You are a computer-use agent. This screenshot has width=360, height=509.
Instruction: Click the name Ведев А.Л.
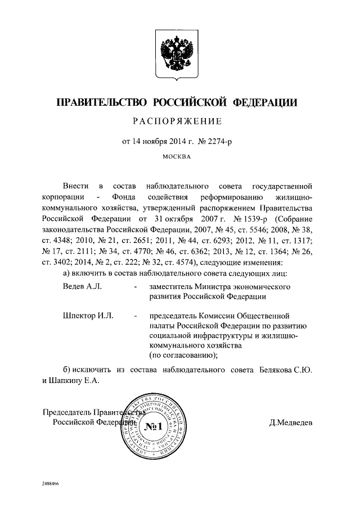(x=82, y=286)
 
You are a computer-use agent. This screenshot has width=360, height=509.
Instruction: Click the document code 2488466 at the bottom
(x=50, y=483)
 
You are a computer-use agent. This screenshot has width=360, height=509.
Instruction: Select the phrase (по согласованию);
(x=183, y=355)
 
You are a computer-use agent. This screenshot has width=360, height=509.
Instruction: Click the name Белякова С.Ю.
(x=289, y=370)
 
